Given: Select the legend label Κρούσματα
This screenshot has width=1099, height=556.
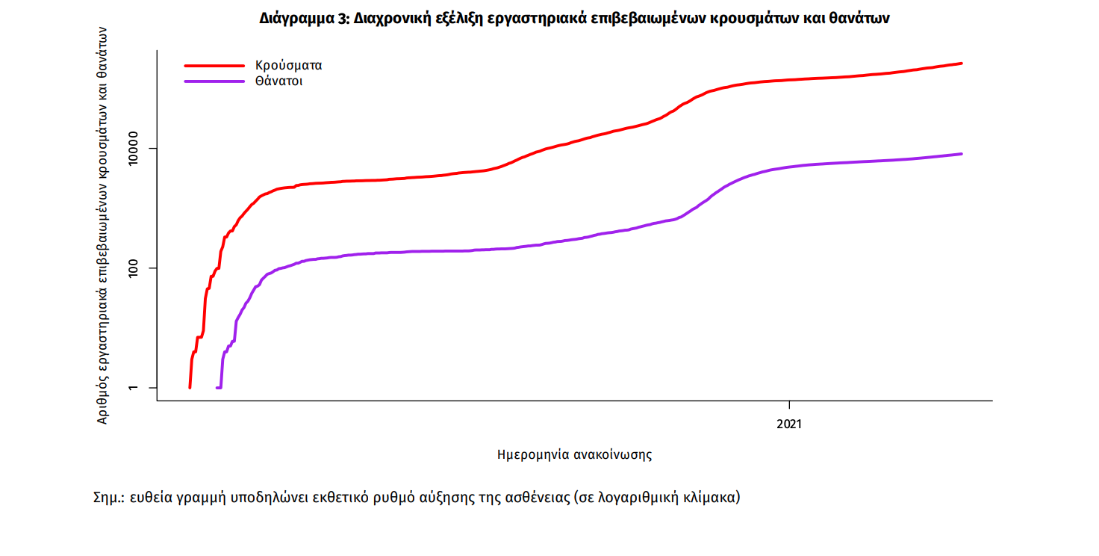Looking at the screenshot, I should tap(288, 65).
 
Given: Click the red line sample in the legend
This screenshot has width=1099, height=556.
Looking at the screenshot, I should tap(214, 65).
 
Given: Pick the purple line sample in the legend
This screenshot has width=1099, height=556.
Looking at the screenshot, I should tap(214, 81).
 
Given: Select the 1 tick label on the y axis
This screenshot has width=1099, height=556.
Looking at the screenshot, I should tap(135, 388).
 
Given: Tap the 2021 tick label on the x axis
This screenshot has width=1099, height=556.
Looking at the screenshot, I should tap(789, 424).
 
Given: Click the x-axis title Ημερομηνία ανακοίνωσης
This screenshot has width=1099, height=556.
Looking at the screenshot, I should tap(574, 454).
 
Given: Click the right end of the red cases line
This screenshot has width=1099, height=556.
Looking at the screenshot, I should tap(962, 64).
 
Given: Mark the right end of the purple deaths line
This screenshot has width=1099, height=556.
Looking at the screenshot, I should tap(962, 154).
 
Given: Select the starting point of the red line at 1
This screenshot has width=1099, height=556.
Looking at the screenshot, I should tap(190, 387).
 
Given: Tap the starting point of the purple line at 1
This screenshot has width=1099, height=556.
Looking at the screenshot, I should tap(217, 387).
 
